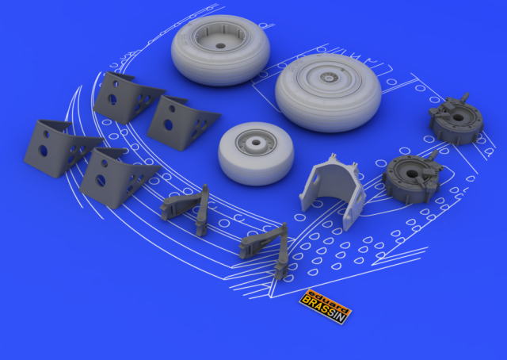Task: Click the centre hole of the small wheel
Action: pos(256,142)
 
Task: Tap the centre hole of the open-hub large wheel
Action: pos(220,46)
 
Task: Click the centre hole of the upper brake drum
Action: pos(457,117)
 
